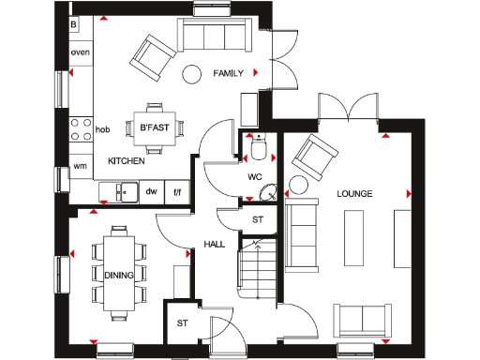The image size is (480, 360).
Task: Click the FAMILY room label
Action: coord(229,72)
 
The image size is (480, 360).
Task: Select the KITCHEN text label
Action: coord(126,161)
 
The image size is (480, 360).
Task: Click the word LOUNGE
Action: coord(355,194)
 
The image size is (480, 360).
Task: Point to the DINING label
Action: coord(119,275)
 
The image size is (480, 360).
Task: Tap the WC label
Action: coord(254,175)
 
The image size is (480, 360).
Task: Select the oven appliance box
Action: coord(80,52)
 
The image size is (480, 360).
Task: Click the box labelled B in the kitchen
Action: coord(74,23)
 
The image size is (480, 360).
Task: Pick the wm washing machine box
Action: coord(80,167)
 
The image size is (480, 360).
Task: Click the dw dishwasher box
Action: coord(151,191)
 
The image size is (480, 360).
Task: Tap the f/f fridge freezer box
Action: coord(176,191)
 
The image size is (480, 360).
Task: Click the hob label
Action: coord(102,130)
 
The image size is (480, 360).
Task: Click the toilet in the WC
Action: coord(260,143)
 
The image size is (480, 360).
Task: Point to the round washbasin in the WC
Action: coord(267,193)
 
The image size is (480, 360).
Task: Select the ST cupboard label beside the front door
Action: coord(182,323)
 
